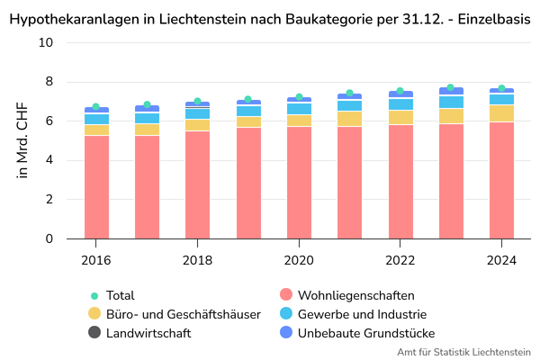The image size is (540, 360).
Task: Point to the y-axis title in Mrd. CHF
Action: point(23,141)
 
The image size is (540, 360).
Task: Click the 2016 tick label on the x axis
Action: point(96,260)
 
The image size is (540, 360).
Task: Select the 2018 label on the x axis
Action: point(198,260)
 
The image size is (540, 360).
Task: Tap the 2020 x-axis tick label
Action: point(299,260)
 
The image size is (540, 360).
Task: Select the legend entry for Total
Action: point(120,295)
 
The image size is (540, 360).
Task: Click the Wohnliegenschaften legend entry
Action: point(355,295)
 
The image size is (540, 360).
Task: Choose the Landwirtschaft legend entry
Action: point(148,333)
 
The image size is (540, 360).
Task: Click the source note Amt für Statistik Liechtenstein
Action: point(463,352)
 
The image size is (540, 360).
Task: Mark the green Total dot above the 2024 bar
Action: point(501,88)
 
